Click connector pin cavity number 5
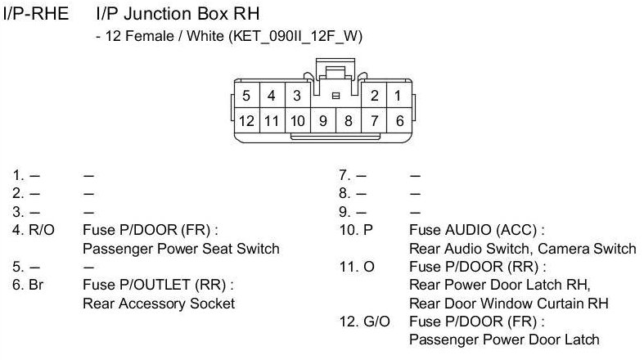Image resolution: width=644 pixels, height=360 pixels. (246, 96)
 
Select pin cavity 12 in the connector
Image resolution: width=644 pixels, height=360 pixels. (246, 120)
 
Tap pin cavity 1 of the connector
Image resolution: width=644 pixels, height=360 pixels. (398, 96)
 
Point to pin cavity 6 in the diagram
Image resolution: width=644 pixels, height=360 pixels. (399, 120)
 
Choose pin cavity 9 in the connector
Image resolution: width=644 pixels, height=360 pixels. (323, 120)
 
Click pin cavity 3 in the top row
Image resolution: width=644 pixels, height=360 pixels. (297, 96)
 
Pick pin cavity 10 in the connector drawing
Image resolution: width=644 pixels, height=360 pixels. (297, 120)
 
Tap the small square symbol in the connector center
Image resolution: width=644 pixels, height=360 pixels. (335, 96)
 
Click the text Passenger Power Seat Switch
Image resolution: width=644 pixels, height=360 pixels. (181, 249)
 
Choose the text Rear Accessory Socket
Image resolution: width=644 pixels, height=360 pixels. (159, 303)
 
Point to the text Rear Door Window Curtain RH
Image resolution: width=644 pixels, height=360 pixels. (508, 303)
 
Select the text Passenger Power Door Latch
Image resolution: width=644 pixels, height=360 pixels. (503, 339)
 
